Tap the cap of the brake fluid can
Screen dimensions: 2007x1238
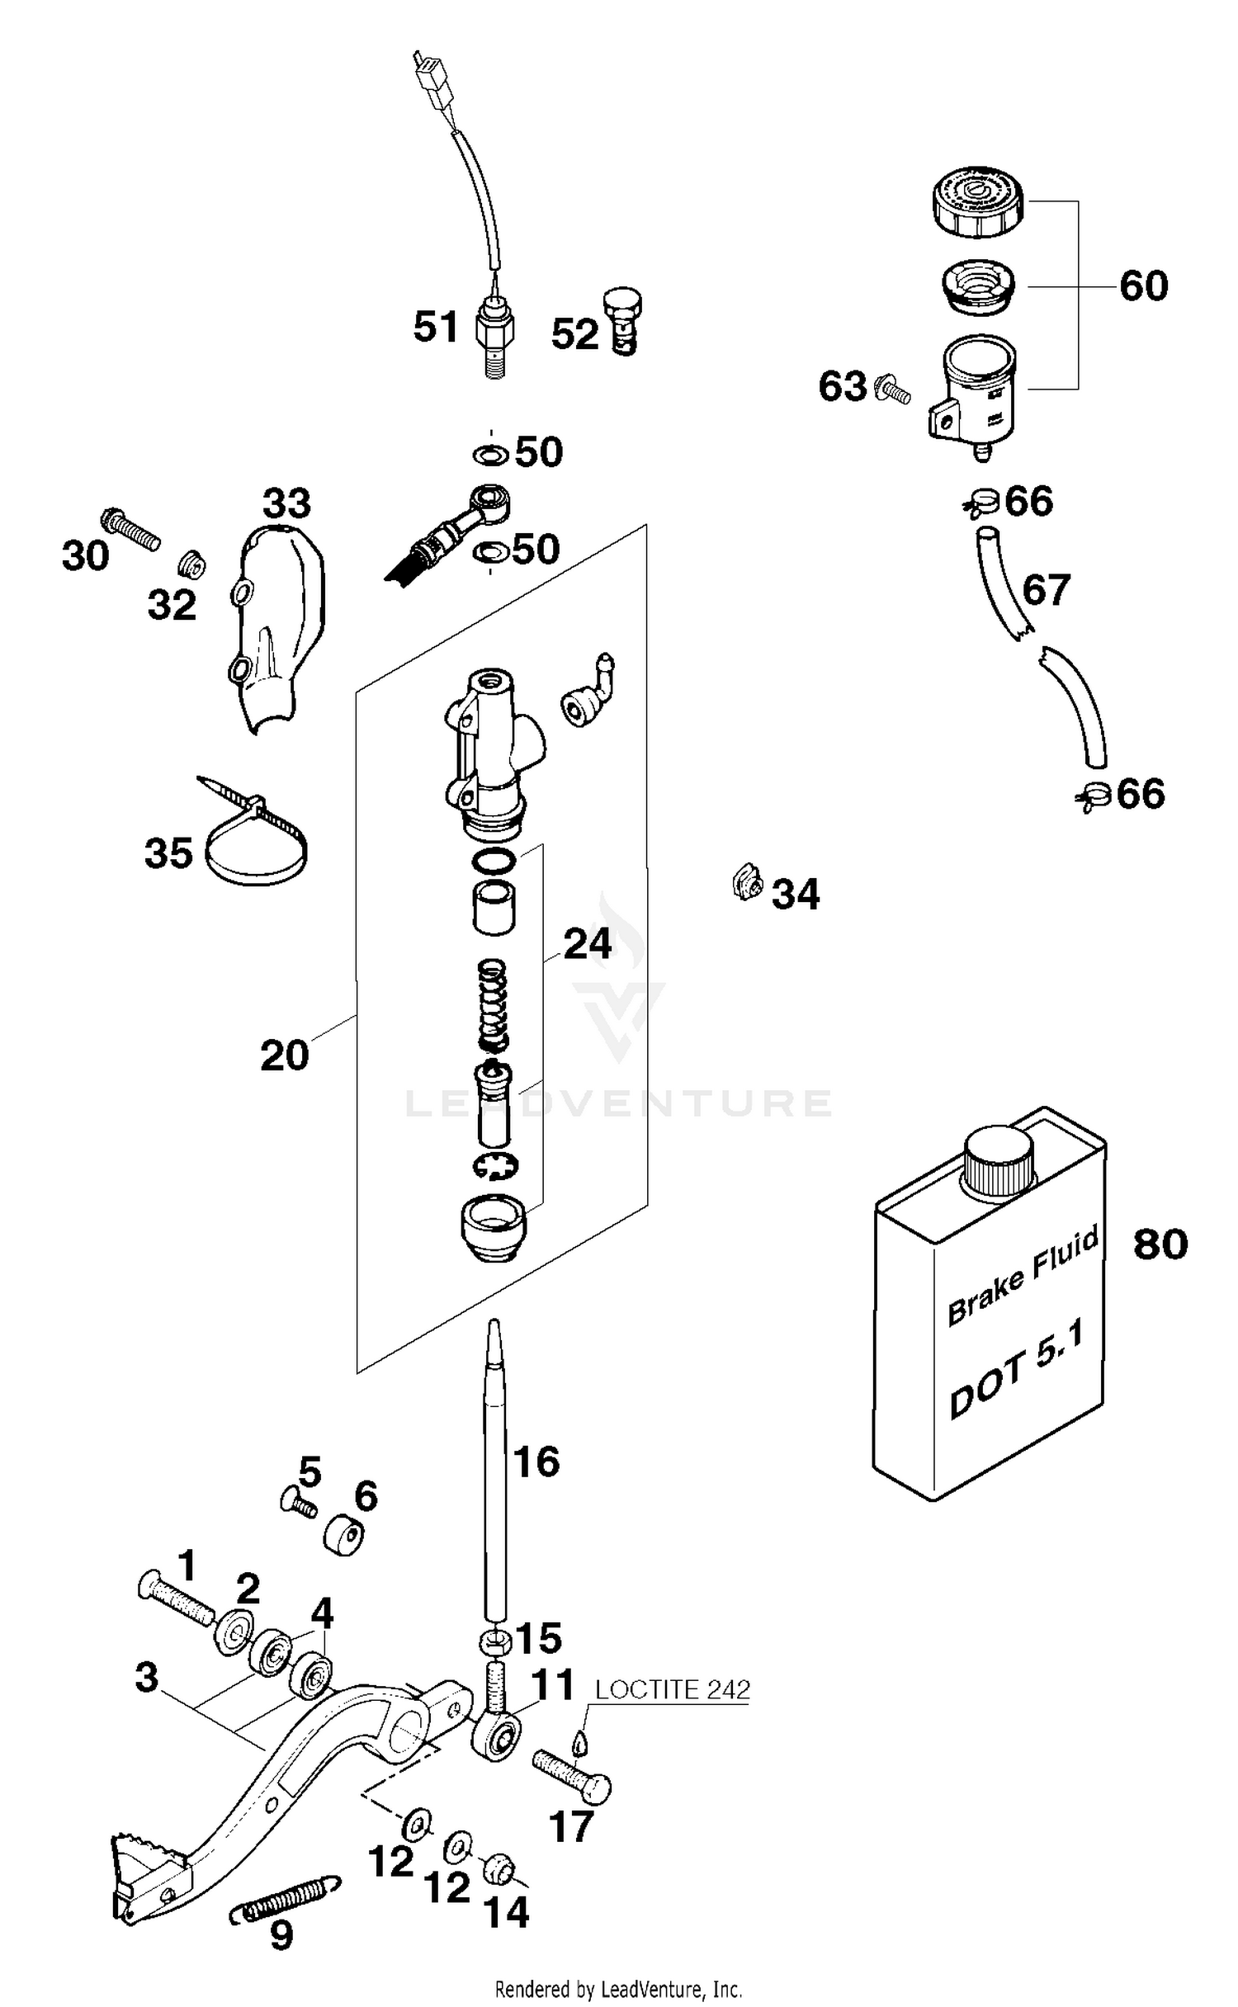(999, 1162)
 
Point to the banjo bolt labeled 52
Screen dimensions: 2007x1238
(624, 321)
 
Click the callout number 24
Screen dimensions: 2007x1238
(587, 944)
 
